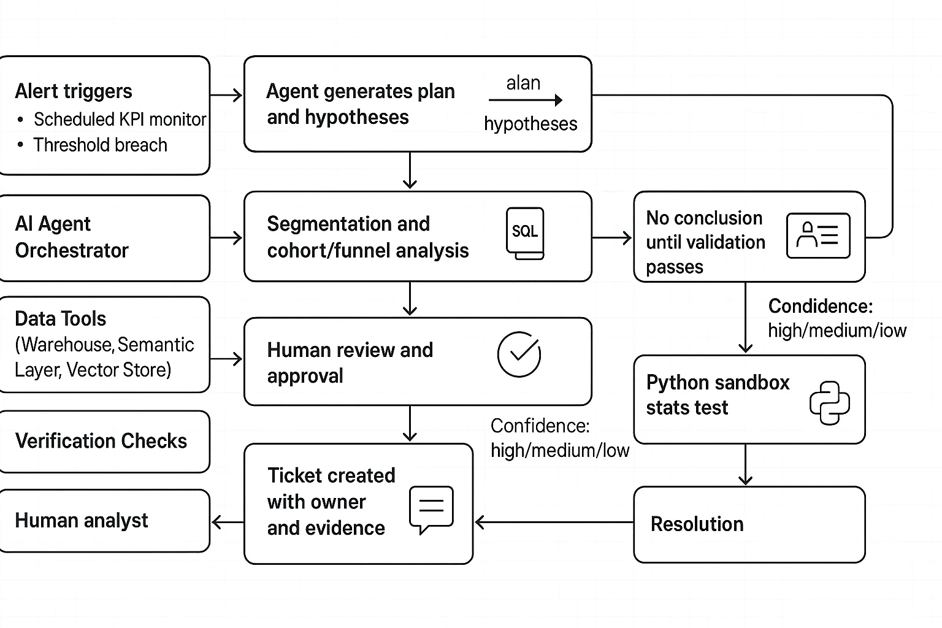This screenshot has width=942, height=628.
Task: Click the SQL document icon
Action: (x=525, y=233)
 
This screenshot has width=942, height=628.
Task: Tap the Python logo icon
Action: (x=829, y=403)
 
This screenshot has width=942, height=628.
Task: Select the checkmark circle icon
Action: (x=519, y=354)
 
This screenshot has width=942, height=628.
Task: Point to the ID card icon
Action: (x=818, y=235)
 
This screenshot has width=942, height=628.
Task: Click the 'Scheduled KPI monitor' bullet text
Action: (x=120, y=119)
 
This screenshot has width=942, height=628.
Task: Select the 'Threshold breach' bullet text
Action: (x=100, y=145)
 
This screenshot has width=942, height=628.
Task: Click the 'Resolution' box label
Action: (x=697, y=524)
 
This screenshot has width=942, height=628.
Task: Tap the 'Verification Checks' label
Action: (x=101, y=441)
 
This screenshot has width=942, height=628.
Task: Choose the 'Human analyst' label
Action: (x=82, y=520)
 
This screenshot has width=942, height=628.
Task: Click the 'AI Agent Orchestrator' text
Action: (x=72, y=237)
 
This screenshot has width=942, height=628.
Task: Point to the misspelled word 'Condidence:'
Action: (x=820, y=306)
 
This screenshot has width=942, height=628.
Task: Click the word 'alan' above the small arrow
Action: (x=523, y=83)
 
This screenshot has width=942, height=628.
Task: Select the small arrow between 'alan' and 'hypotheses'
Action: (x=526, y=100)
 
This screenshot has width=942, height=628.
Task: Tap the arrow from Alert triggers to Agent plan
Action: (x=226, y=95)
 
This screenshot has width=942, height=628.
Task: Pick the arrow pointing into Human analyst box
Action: (x=226, y=523)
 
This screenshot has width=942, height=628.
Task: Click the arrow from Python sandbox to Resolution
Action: (x=745, y=465)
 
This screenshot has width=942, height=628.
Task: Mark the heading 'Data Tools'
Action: (x=61, y=319)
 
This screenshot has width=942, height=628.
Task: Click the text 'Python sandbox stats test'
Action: (x=718, y=394)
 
